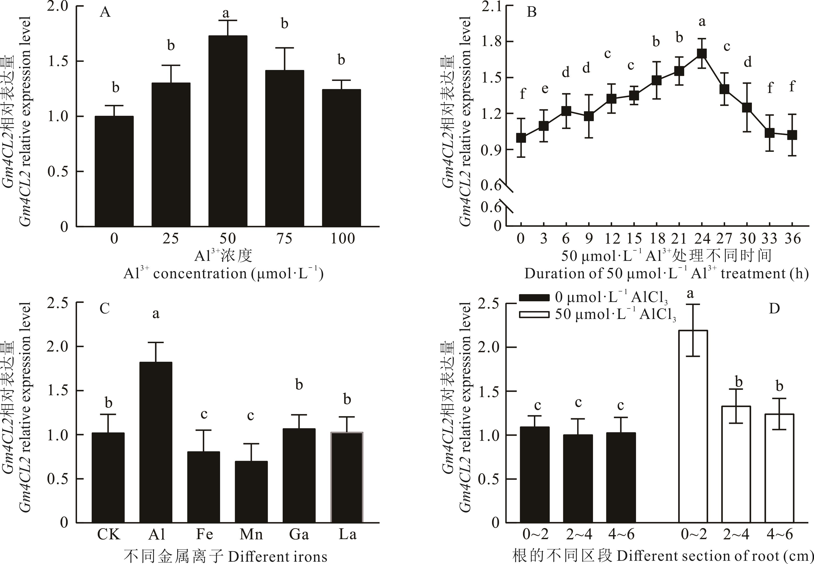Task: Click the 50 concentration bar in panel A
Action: (x=228, y=131)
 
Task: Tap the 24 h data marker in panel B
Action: (x=702, y=53)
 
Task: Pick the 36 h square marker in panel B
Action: (x=792, y=135)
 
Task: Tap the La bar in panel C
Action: (x=347, y=477)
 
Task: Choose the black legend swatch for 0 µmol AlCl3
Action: (x=534, y=298)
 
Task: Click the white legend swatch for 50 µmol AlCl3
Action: (x=534, y=315)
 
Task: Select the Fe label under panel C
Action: (x=204, y=534)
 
